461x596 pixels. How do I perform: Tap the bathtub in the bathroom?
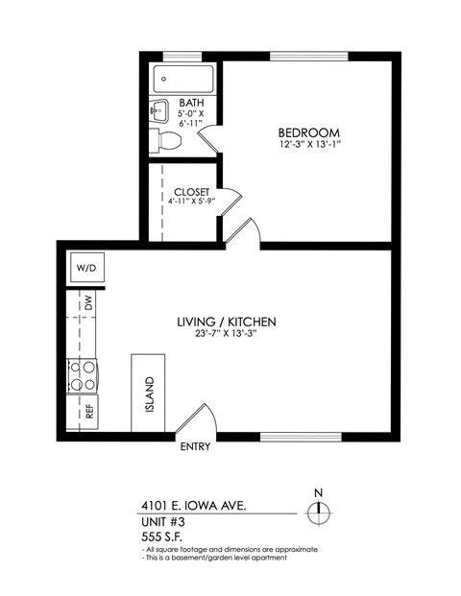(x=184, y=79)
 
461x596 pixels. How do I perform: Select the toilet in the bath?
(x=167, y=142)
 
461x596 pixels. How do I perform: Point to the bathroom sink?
(x=158, y=112)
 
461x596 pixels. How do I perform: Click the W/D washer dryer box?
(x=85, y=267)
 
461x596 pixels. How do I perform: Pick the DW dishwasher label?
(x=88, y=301)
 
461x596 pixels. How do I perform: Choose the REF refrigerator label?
(x=89, y=412)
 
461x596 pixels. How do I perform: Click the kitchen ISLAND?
(x=148, y=393)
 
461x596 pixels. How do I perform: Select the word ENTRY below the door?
(x=195, y=446)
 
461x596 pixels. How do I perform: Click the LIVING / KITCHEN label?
(x=227, y=322)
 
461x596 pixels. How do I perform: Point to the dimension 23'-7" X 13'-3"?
(x=227, y=334)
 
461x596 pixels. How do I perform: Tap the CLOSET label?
(x=192, y=192)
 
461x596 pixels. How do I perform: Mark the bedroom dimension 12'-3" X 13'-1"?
(x=309, y=145)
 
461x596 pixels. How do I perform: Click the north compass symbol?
(x=319, y=513)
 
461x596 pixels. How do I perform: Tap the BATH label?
(x=192, y=102)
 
